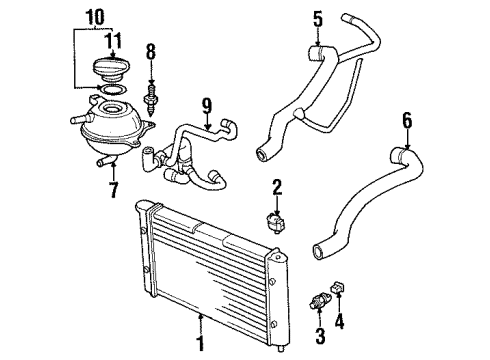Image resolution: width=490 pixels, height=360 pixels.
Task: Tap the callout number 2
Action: point(277,187)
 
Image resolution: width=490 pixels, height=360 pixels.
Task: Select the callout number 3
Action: point(320,335)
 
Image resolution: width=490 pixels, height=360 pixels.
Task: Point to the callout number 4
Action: point(339,322)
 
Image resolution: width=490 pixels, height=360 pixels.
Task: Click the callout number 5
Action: point(318,20)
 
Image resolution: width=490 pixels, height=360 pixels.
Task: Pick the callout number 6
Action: point(407,120)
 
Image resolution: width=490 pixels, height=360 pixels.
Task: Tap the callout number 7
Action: point(114,190)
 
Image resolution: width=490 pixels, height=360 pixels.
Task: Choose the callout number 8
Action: point(151,52)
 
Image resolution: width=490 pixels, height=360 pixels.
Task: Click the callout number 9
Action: point(207,106)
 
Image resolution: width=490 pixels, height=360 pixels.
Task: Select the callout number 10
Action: point(95,17)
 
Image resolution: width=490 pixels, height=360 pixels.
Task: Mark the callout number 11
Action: point(113,40)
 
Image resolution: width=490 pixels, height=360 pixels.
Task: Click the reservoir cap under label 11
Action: point(110,69)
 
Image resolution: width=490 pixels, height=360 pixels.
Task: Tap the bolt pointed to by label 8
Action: point(151,99)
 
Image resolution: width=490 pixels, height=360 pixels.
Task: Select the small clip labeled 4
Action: point(337,287)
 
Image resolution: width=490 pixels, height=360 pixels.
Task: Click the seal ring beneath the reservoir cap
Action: point(113,89)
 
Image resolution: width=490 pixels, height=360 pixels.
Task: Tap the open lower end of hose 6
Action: point(319,251)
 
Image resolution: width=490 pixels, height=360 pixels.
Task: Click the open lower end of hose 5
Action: point(262,154)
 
